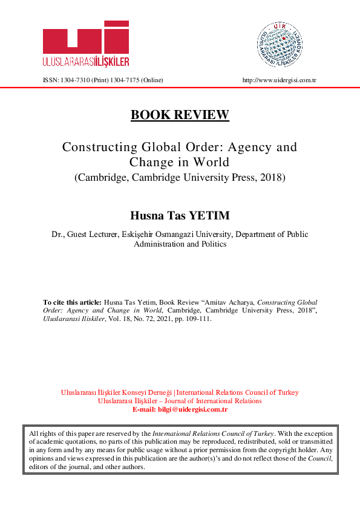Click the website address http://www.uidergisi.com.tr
coord(280,80)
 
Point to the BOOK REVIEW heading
coord(180,115)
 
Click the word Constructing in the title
coord(96,147)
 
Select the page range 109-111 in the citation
coord(198,319)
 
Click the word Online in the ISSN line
coord(152,80)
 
